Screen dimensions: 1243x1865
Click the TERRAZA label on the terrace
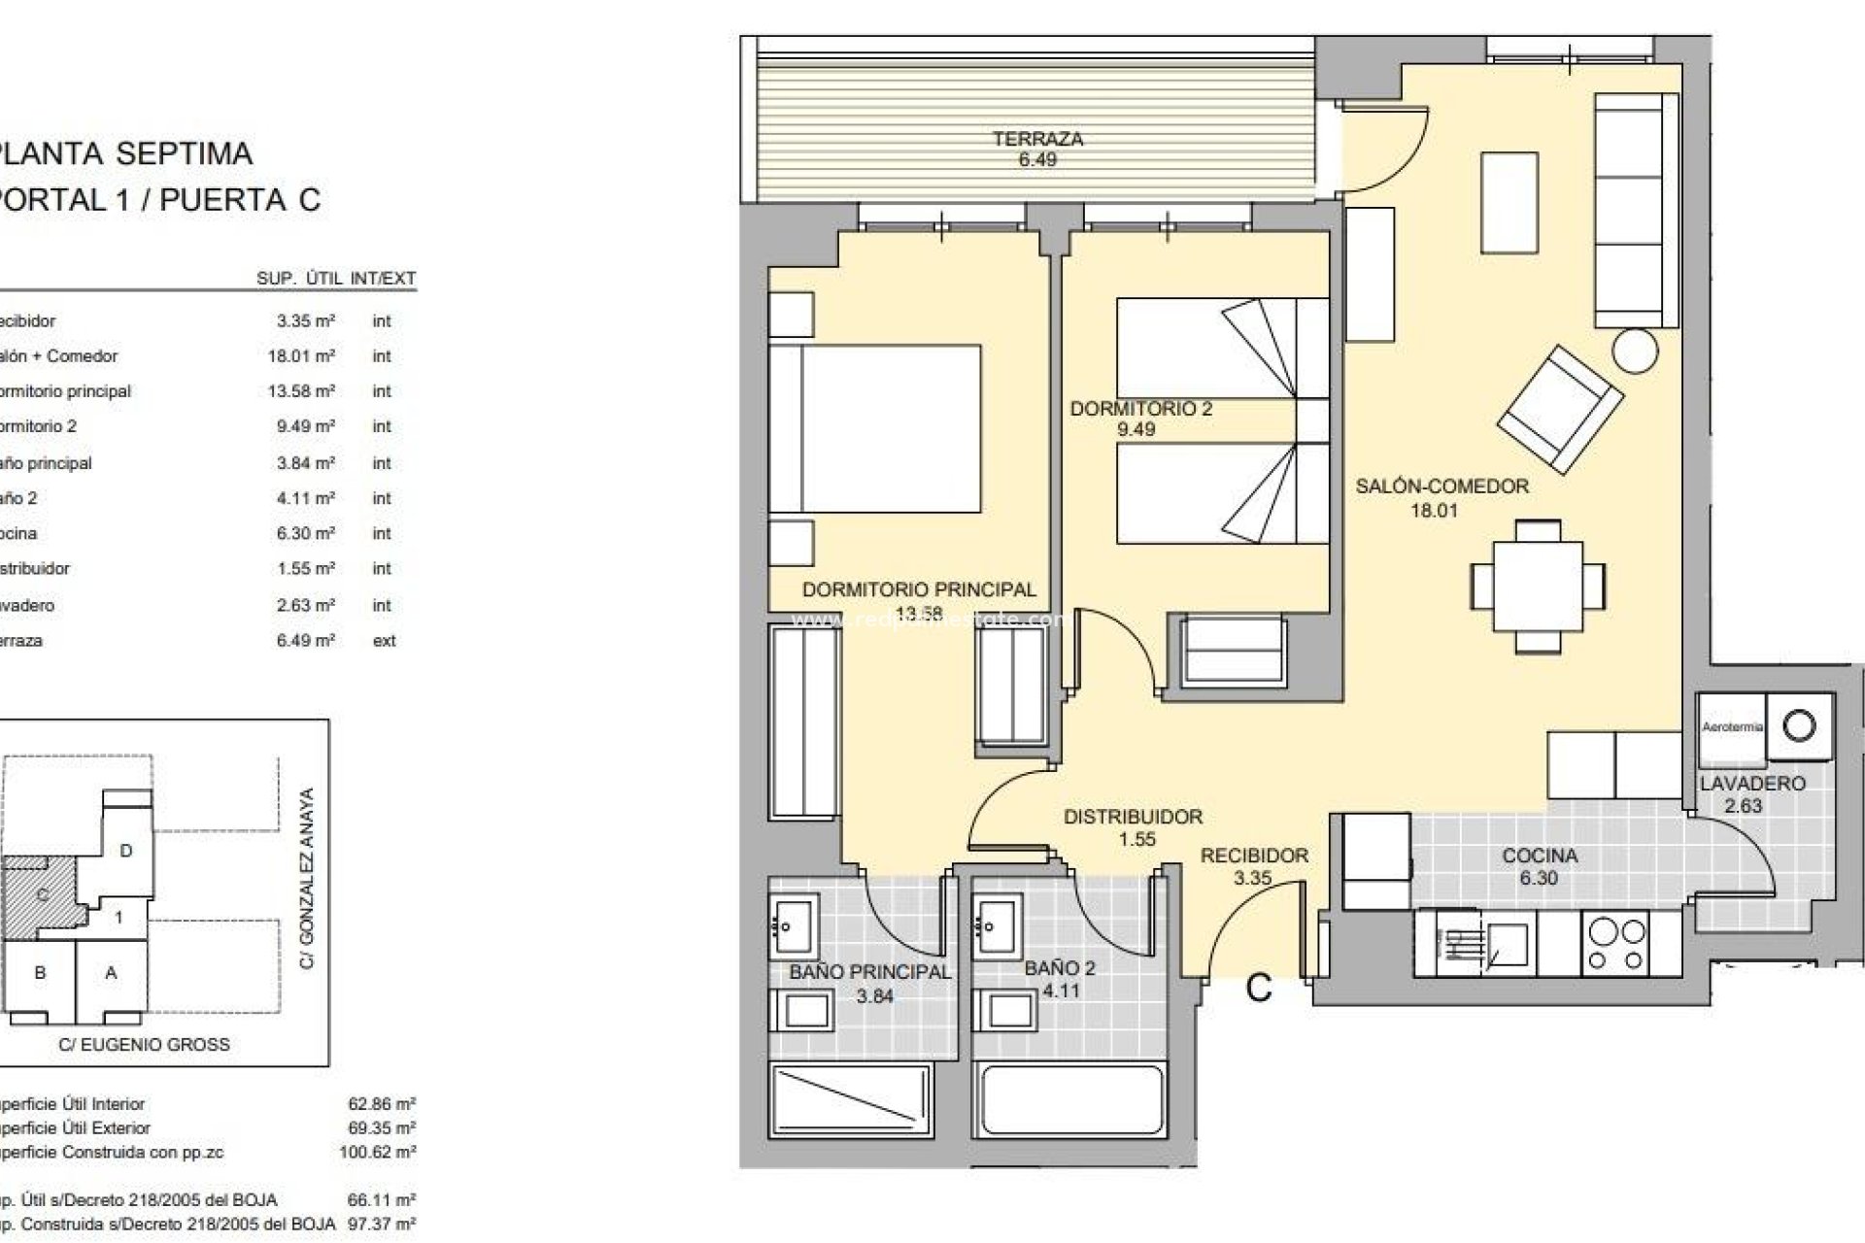tap(1037, 139)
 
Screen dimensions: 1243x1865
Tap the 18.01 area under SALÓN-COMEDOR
tap(1434, 511)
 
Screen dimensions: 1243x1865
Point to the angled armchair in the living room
tap(1560, 409)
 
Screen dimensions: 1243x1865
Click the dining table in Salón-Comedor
tap(1538, 587)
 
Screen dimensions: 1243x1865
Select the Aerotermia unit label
tap(1732, 726)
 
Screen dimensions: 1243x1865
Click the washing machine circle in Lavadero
tap(1800, 725)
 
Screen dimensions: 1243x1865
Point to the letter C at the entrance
tap(1259, 989)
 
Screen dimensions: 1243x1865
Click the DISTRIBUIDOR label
tap(1133, 817)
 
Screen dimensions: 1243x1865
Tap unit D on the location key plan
tap(125, 851)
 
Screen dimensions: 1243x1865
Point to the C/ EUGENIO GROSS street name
tap(144, 1045)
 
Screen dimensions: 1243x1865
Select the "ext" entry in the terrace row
tap(384, 641)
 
